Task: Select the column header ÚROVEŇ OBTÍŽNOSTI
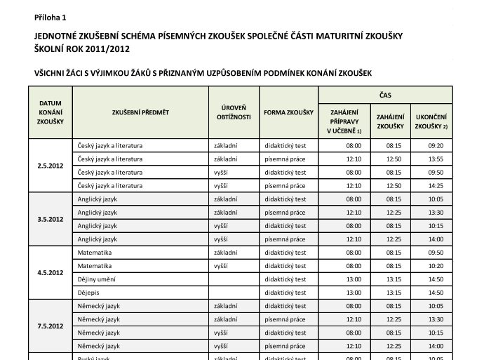point(234,112)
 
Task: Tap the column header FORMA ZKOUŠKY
point(288,112)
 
